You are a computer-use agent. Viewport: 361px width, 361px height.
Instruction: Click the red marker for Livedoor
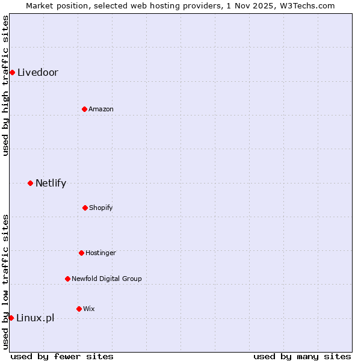click(x=12, y=73)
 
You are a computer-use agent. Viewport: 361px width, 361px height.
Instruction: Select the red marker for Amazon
click(x=84, y=109)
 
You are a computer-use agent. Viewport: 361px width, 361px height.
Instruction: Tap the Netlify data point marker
click(x=30, y=183)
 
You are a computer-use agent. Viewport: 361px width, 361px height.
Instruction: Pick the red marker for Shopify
click(x=85, y=208)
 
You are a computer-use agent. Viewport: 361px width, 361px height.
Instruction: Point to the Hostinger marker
click(x=81, y=253)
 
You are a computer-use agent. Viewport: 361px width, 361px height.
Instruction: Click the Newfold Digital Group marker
click(x=67, y=279)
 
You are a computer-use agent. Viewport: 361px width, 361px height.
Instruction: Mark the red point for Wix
click(x=79, y=309)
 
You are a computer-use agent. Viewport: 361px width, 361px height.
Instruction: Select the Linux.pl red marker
click(x=11, y=318)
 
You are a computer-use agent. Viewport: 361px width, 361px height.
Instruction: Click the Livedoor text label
click(x=38, y=73)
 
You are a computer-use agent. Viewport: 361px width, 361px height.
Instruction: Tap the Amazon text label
click(x=101, y=109)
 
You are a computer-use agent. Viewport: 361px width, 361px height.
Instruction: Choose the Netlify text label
click(x=51, y=183)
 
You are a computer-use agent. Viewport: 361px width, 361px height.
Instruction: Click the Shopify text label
click(x=101, y=208)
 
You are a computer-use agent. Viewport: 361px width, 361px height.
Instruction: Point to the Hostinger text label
click(x=100, y=253)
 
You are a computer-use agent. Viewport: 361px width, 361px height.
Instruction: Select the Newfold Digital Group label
click(x=106, y=279)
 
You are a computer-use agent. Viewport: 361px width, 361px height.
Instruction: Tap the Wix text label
click(x=89, y=309)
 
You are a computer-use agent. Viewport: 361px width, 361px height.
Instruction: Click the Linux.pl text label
click(x=35, y=318)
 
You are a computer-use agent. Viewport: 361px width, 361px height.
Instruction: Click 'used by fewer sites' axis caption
click(x=62, y=356)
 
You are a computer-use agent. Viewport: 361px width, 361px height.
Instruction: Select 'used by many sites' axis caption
click(x=302, y=356)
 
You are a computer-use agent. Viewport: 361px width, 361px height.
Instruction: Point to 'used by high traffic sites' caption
click(x=5, y=85)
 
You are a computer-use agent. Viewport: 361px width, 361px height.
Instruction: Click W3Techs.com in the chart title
click(x=306, y=5)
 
